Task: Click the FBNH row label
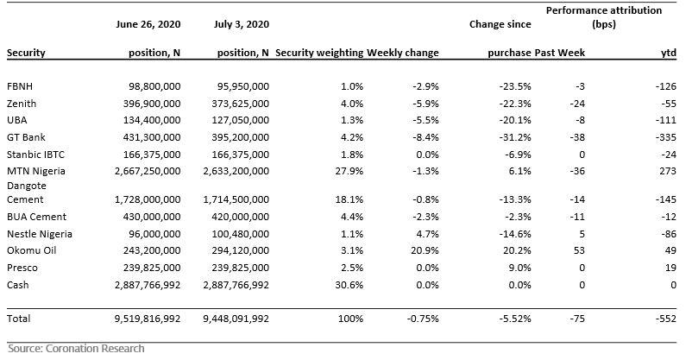click(x=20, y=86)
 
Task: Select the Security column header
click(x=26, y=53)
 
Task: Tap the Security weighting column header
click(x=319, y=53)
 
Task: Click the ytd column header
click(x=668, y=53)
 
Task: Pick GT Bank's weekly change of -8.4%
click(x=425, y=137)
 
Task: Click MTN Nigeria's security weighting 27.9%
click(x=349, y=171)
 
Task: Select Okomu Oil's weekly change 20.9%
click(x=425, y=250)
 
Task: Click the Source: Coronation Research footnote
click(x=76, y=349)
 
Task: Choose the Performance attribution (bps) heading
click(x=604, y=17)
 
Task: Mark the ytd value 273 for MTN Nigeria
click(x=668, y=171)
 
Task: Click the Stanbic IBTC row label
click(x=35, y=155)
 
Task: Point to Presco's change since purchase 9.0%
click(x=520, y=268)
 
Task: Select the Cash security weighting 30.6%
click(x=349, y=285)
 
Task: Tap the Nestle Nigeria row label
click(x=40, y=234)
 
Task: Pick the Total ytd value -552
click(x=665, y=319)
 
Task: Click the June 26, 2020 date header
click(x=148, y=24)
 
